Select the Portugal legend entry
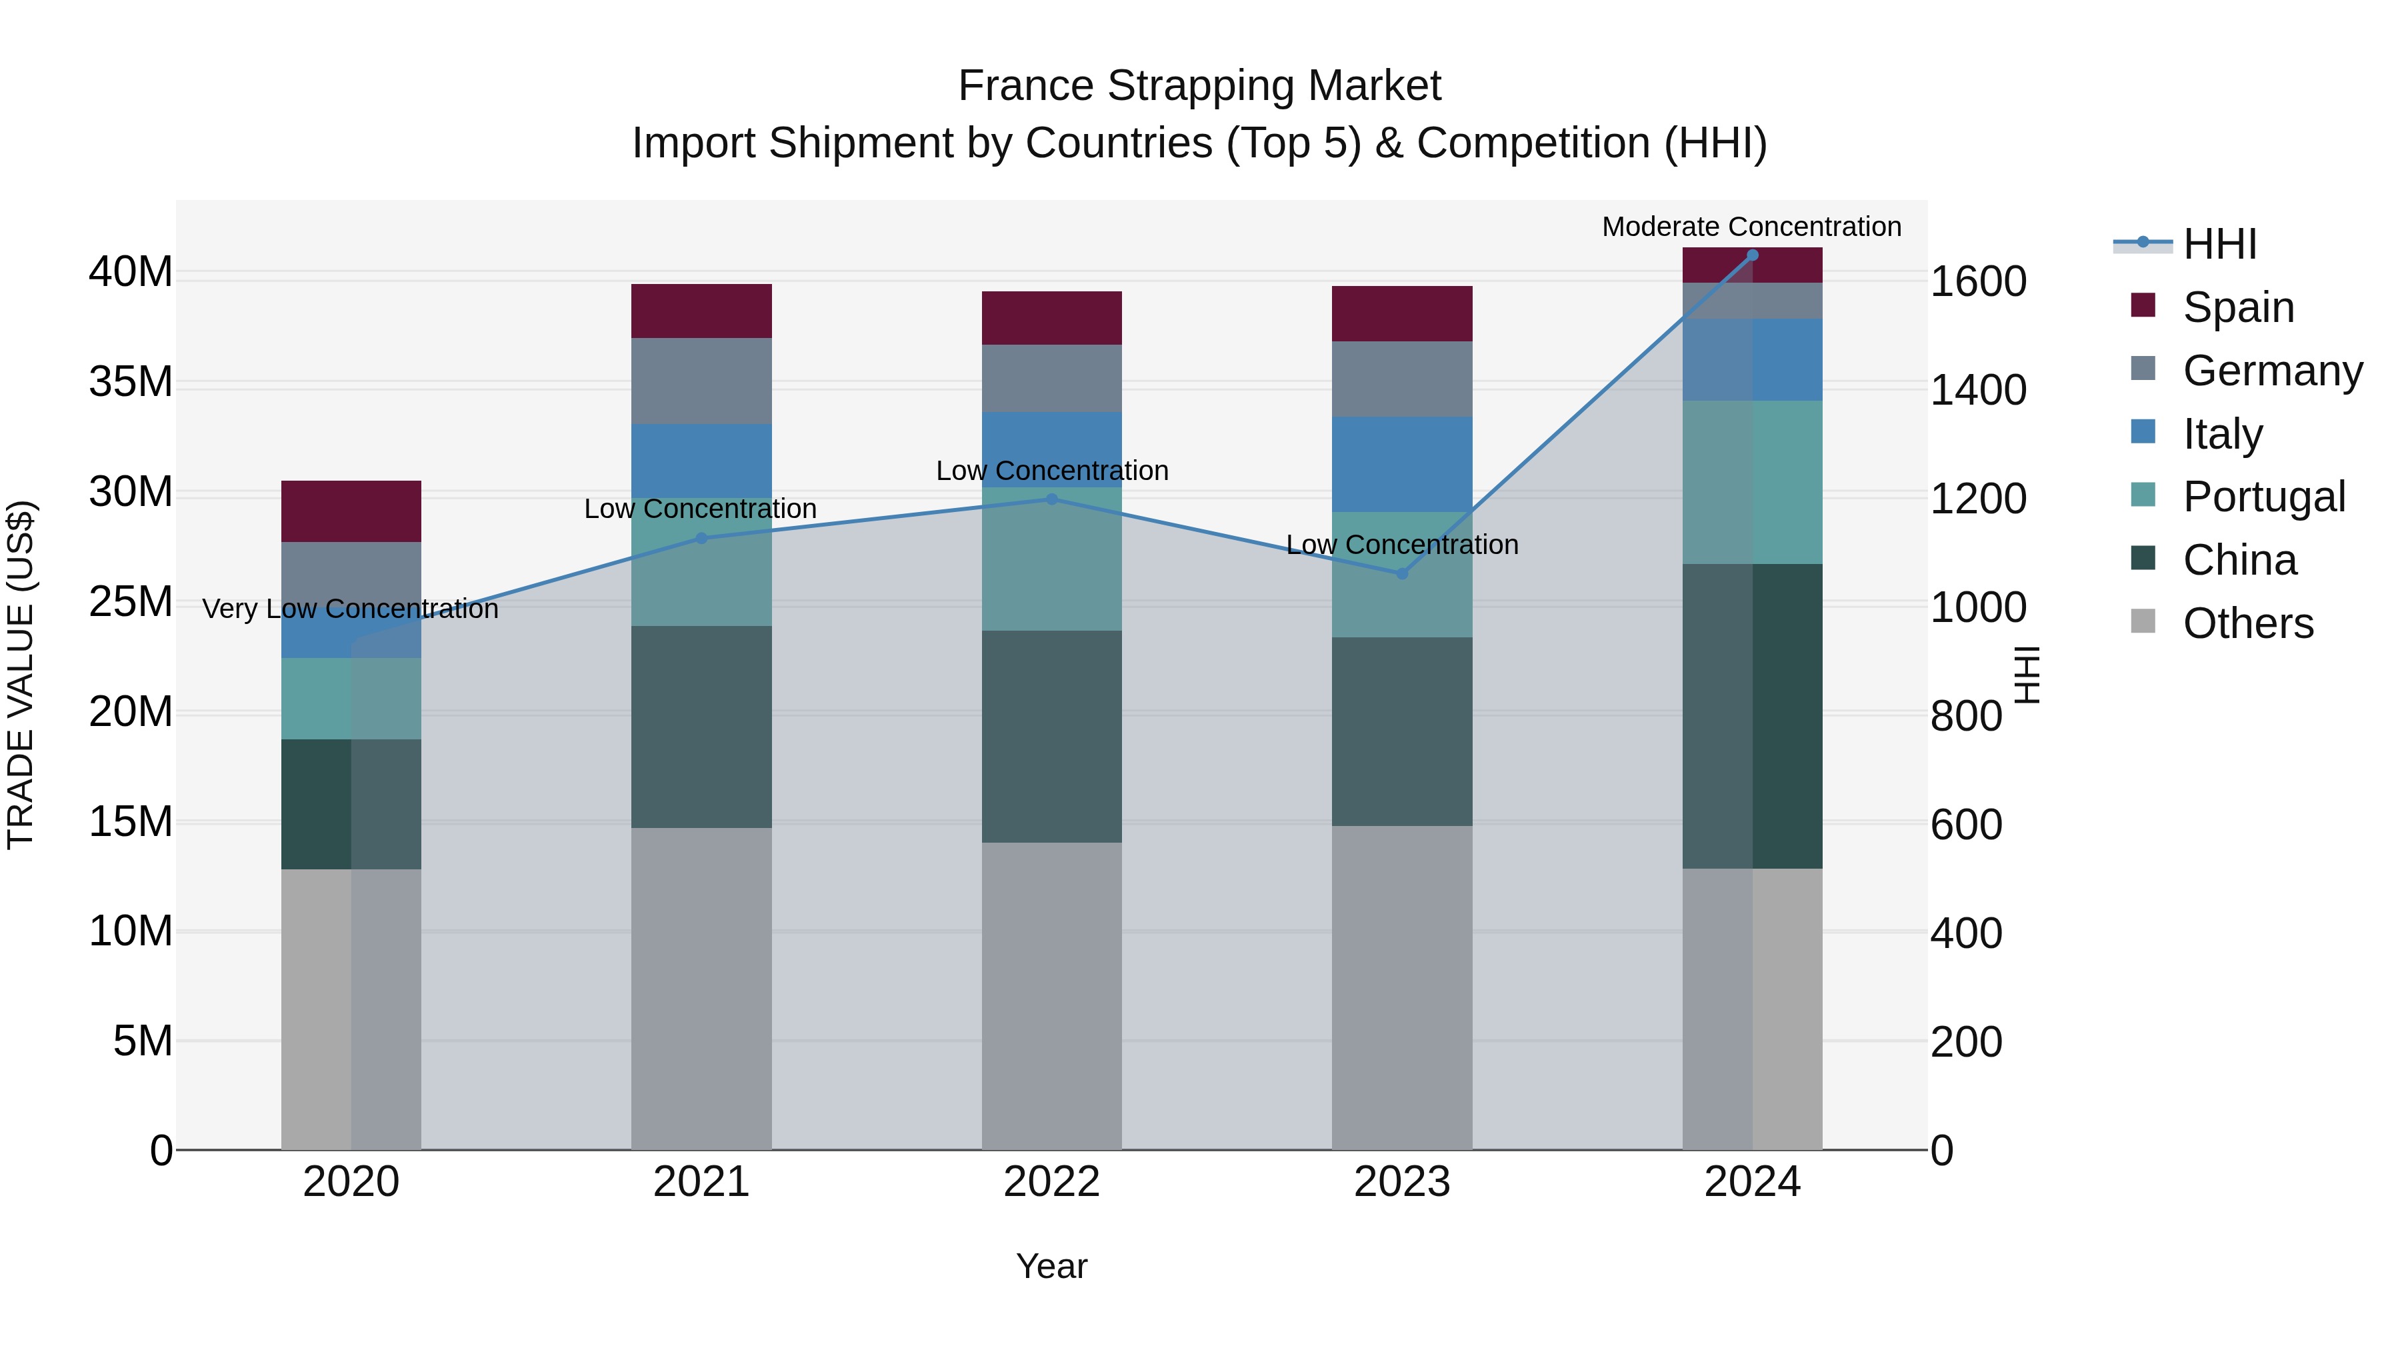pos(2262,497)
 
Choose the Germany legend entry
pos(2271,371)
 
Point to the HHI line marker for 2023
pos(1402,574)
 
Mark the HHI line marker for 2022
pos(1052,499)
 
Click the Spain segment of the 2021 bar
pos(701,311)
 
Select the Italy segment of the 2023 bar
pos(1402,464)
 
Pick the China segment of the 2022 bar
pos(1052,736)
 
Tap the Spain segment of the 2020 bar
pos(351,511)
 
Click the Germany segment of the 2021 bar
pos(701,381)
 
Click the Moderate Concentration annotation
pos(1751,227)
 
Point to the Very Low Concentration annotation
pos(350,609)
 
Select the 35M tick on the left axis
pos(131,382)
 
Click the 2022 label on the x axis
pos(1052,1182)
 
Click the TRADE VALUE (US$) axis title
pos(21,675)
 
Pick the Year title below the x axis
pos(1052,1266)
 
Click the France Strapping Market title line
pos(1199,86)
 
